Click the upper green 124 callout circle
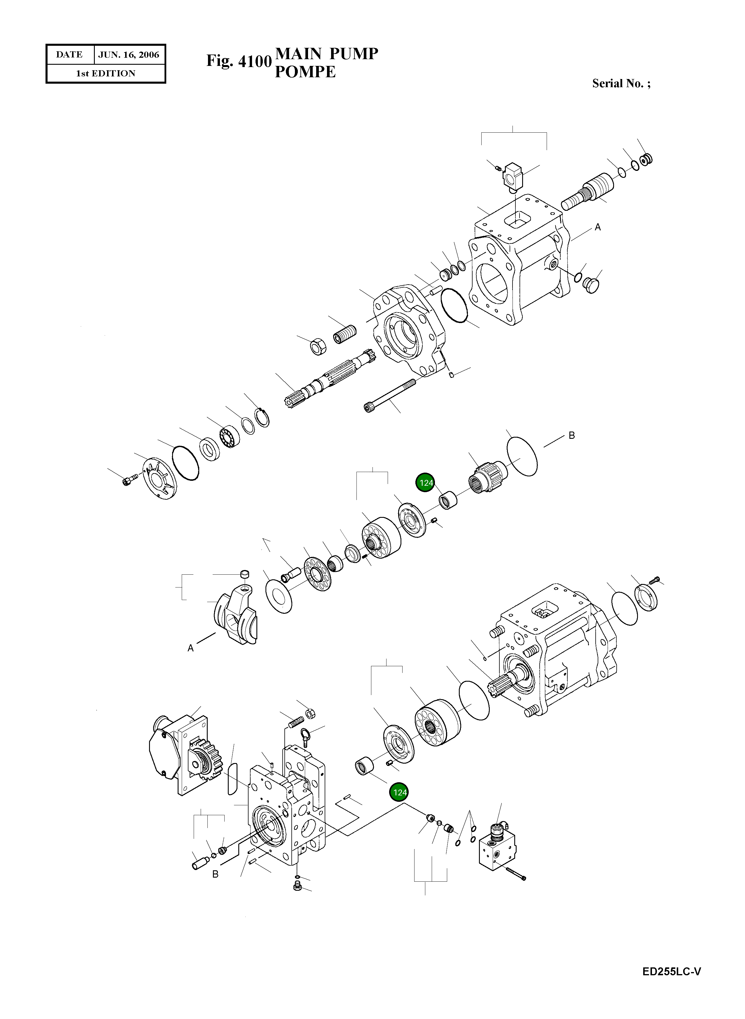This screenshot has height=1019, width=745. (426, 483)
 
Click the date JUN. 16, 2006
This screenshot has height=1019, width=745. (129, 55)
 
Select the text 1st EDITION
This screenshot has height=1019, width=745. (106, 73)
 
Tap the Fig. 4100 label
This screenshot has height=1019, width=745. (239, 61)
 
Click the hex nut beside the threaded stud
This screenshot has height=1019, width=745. (316, 346)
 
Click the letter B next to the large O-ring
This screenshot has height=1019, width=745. (571, 435)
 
